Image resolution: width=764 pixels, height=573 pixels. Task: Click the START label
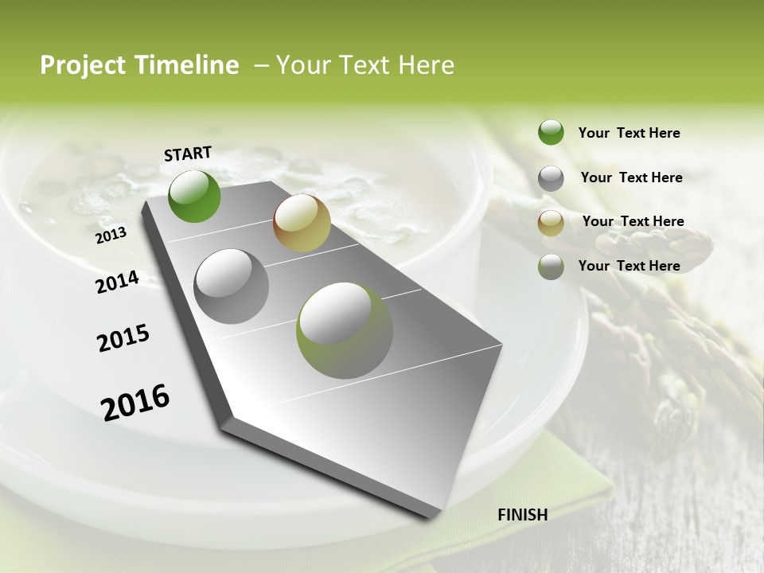188,154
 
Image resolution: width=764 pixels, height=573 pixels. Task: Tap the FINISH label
523,514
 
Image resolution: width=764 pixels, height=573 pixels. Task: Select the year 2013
111,235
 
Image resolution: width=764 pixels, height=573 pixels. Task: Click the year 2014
117,282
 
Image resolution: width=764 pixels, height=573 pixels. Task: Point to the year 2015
123,337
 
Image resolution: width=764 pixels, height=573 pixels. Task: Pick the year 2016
135,401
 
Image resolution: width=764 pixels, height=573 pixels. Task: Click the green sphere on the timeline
194,196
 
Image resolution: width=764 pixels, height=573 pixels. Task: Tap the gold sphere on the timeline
302,223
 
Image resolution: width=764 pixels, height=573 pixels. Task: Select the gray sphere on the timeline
232,286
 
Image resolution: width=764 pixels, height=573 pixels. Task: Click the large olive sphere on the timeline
345,330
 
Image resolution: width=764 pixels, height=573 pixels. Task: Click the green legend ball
551,132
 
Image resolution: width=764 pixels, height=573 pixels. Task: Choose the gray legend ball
551,178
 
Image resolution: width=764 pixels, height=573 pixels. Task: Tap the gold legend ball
551,223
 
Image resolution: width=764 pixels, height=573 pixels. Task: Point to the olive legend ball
551,267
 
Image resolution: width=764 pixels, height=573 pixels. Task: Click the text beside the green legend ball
629,133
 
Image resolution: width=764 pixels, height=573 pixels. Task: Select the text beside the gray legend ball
631,177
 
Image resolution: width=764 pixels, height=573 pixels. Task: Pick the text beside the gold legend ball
633,221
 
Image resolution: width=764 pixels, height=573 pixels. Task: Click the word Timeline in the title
189,65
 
